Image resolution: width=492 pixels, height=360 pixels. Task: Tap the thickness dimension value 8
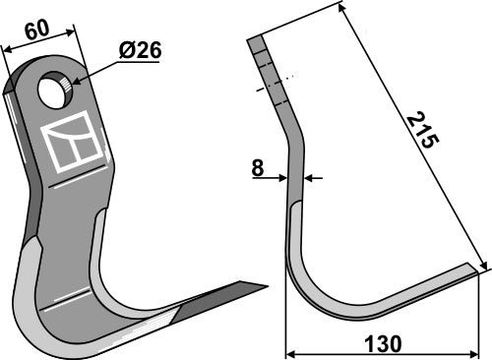[258, 168]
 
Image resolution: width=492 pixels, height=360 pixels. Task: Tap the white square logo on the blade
[74, 143]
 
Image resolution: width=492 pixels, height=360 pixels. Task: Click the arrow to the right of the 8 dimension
[311, 178]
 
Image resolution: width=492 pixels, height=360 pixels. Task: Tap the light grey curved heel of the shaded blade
[34, 295]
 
